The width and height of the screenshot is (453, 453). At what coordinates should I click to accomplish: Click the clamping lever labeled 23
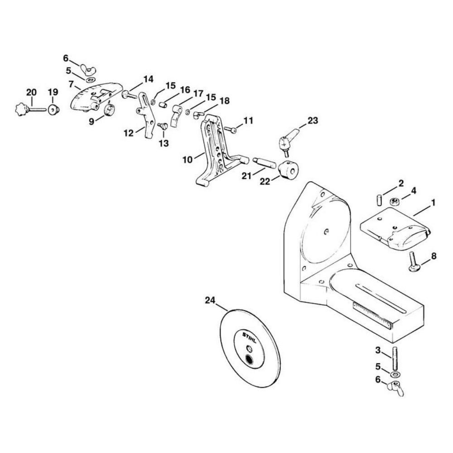(x=289, y=139)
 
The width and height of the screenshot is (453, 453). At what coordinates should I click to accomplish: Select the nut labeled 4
(x=394, y=201)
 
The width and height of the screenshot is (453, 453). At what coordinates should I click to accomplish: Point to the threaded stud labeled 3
(x=395, y=358)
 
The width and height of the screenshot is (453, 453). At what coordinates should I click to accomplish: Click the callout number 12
(x=128, y=133)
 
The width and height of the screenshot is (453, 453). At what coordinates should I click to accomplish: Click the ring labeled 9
(x=109, y=110)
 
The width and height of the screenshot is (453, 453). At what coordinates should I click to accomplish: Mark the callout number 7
(x=71, y=84)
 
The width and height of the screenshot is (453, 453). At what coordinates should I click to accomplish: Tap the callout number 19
(x=53, y=92)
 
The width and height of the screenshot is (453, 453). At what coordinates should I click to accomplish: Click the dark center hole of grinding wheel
(x=248, y=360)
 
